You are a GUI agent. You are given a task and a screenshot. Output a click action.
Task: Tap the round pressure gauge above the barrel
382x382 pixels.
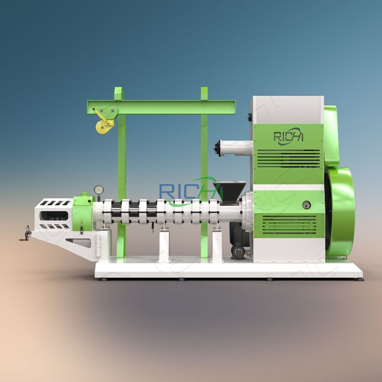coord(98,190)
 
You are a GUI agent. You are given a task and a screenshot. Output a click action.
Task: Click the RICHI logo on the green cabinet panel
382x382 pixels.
coord(289,137)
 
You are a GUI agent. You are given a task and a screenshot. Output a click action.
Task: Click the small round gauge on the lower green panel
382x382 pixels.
coord(306,204)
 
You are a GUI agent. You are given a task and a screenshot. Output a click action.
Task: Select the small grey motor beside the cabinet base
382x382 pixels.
coord(238,251)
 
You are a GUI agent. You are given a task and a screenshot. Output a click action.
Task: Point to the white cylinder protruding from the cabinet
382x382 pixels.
coord(233,148)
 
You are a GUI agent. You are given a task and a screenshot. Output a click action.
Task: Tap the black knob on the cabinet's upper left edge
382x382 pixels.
coord(249,118)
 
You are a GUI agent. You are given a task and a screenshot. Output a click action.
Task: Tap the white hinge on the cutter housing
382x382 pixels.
coord(98,244)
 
